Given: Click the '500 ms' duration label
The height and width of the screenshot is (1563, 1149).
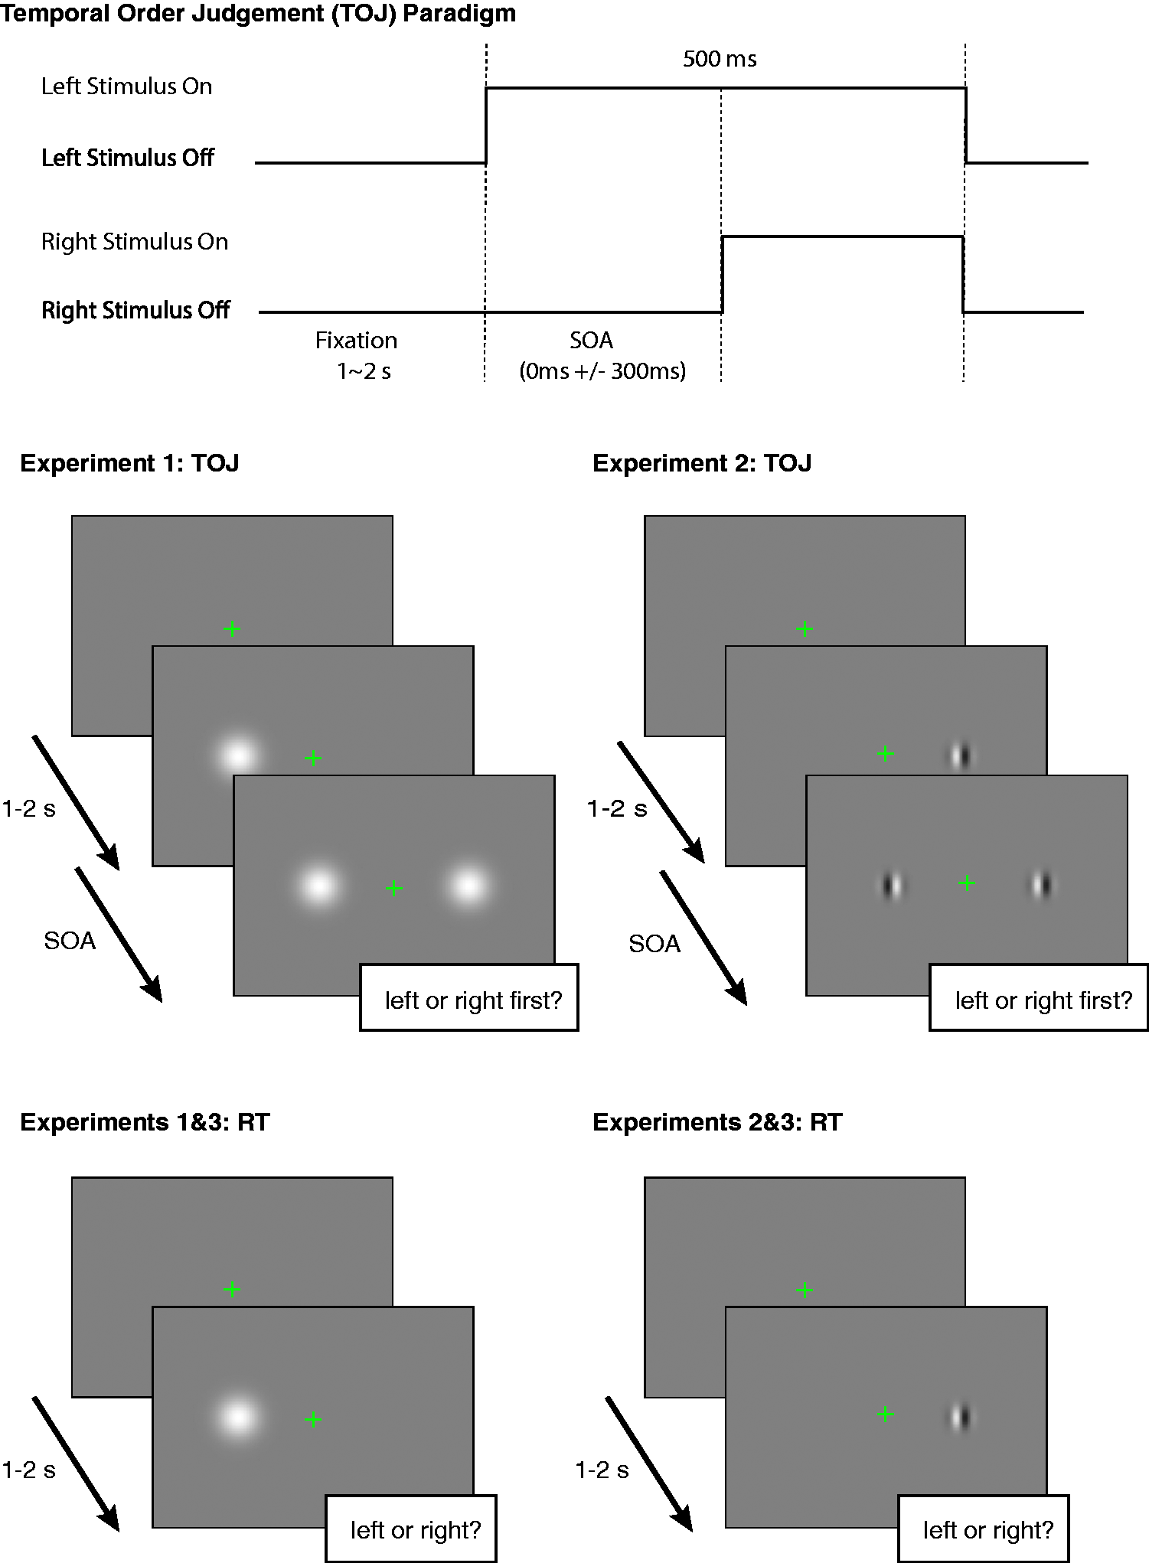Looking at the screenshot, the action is click(x=720, y=59).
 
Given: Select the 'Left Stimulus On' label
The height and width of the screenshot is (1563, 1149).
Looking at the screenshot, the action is click(x=127, y=86).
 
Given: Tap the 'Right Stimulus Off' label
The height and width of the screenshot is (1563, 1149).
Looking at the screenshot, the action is click(x=135, y=310).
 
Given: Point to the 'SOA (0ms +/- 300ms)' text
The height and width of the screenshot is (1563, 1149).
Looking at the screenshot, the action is click(x=602, y=355).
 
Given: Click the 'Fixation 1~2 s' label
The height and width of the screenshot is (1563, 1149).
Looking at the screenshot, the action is click(x=357, y=355).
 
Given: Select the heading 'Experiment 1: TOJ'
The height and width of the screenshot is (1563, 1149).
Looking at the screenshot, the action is click(x=129, y=463).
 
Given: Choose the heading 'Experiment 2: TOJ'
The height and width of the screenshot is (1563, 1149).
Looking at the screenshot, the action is click(x=702, y=463).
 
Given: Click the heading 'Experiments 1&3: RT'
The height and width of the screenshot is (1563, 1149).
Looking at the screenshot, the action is click(x=145, y=1122).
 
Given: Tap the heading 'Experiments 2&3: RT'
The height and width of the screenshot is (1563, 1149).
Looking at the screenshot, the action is click(x=717, y=1122).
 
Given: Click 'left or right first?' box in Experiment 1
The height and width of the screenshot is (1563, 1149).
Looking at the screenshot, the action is click(x=469, y=997).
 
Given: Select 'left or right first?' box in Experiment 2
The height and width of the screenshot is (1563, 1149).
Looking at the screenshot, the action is click(x=1039, y=997).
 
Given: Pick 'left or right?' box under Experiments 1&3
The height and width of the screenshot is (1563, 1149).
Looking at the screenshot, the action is click(x=411, y=1528).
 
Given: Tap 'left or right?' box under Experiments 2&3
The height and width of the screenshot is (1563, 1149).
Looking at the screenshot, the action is click(x=984, y=1528).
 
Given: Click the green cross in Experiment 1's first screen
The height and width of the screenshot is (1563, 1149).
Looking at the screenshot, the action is click(x=232, y=629).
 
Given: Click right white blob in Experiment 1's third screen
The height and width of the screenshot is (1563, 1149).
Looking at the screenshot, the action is click(x=468, y=886).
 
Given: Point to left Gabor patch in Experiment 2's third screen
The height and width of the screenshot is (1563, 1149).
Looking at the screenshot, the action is click(x=892, y=886).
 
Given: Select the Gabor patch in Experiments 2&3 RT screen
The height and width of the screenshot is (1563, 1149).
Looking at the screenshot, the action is click(x=960, y=1417).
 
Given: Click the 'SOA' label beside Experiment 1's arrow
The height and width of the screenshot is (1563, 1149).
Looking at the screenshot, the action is click(x=70, y=941).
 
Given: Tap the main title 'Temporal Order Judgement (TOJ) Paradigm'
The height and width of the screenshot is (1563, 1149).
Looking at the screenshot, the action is click(x=258, y=14).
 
